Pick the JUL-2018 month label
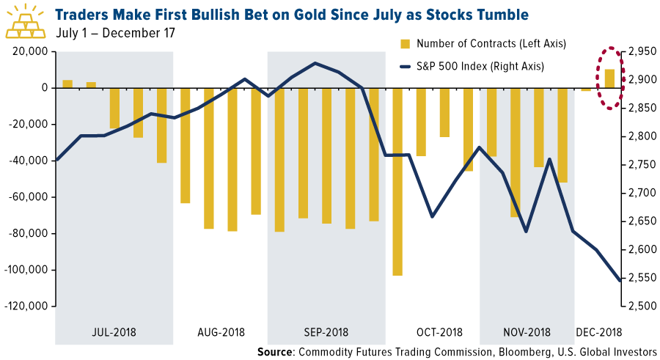tap(114, 332)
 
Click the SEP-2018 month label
tap(325, 332)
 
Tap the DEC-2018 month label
tap(598, 332)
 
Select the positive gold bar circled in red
tap(609, 78)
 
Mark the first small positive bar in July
tap(67, 84)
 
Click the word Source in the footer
tap(275, 353)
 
